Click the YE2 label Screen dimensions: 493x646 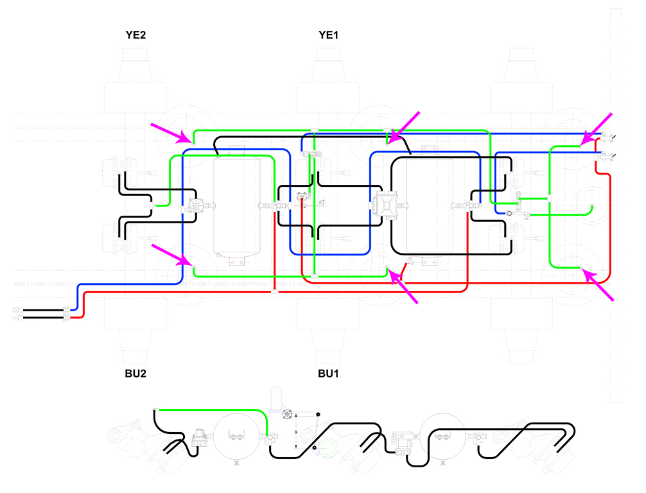(x=135, y=35)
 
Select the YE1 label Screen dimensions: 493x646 (x=328, y=35)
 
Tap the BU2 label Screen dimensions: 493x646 (x=135, y=373)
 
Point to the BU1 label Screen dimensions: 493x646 (x=328, y=373)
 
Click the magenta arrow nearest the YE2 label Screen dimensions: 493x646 (x=171, y=132)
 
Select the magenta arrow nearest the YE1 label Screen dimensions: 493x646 (x=404, y=126)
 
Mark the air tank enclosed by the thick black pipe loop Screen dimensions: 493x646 (x=429, y=206)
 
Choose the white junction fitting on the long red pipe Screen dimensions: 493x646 (x=274, y=292)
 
